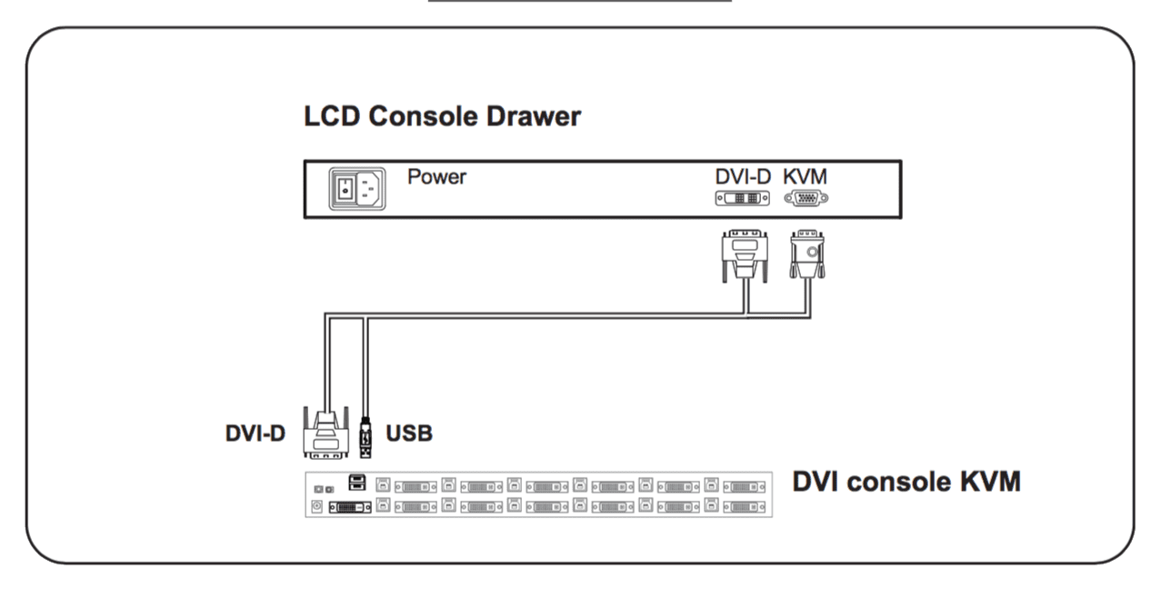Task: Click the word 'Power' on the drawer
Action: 436,176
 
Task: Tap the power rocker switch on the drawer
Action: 344,189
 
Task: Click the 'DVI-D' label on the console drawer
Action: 743,176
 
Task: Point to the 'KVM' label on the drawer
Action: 806,176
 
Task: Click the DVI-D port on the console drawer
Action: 743,199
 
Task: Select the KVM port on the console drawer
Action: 806,199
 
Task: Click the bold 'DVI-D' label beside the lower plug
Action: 255,434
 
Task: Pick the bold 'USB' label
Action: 409,434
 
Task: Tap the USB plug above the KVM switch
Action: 365,437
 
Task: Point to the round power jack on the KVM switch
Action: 317,506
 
